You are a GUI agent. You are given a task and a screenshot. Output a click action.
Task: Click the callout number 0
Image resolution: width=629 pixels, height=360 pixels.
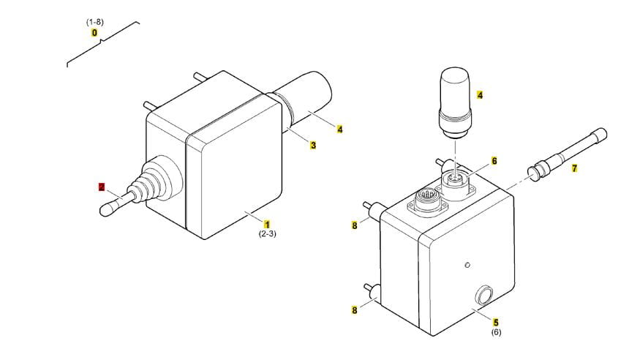pos(94,33)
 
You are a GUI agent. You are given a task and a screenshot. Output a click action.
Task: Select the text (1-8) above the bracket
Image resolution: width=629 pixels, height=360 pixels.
pos(94,22)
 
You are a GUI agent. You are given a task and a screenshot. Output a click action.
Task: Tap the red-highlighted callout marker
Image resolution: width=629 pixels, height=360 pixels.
pos(102,187)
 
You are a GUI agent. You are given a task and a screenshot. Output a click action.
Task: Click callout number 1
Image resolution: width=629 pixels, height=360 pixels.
pos(267,224)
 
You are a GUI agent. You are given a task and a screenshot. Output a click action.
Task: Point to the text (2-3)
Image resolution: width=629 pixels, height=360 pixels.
pos(266,234)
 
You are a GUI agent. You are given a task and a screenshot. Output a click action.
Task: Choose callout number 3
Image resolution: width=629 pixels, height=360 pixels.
pos(313,145)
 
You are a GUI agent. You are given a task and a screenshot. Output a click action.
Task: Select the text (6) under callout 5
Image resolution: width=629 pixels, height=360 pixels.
pos(496,333)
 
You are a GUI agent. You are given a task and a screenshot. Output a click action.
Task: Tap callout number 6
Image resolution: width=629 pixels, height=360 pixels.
pos(494,160)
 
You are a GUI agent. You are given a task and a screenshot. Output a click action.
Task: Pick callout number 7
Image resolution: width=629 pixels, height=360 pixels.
pos(574,169)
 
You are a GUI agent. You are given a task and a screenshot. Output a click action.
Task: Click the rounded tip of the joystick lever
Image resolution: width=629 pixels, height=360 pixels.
pos(107,209)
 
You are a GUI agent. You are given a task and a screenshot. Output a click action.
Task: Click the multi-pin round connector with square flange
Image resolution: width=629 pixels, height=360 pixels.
pos(426,200)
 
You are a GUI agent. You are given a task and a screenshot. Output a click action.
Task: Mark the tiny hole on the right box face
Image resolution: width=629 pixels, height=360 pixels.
pos(467,264)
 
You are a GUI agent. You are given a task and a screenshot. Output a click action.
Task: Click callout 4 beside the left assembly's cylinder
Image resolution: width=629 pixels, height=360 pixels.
pos(340,130)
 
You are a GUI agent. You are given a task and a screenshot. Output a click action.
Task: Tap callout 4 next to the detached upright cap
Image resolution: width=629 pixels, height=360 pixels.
pos(480,95)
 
